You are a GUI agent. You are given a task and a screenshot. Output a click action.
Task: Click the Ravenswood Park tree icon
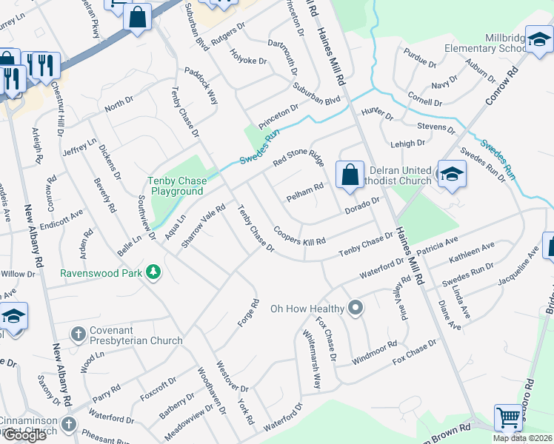pos(153,272)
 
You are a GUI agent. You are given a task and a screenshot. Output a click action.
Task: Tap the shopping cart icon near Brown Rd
pos(508,417)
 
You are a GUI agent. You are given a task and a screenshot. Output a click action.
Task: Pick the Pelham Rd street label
pos(305,193)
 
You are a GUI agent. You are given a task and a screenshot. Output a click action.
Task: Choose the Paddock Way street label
pos(201,87)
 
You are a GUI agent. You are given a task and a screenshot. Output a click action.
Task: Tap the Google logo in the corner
pos(24,435)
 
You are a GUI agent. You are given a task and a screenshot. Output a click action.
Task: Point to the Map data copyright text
pos(522,438)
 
